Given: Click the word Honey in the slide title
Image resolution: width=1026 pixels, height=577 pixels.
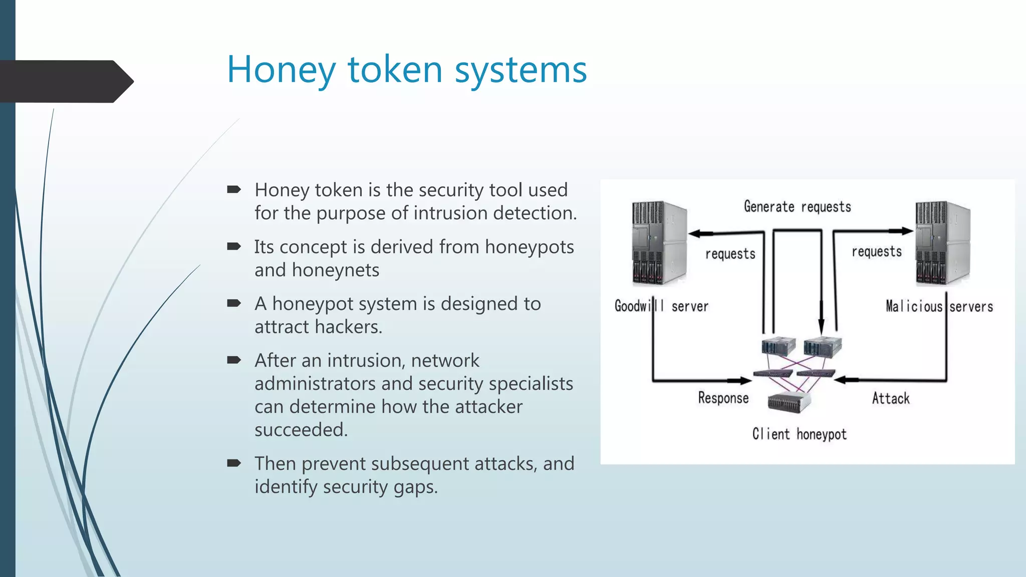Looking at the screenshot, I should coord(281,70).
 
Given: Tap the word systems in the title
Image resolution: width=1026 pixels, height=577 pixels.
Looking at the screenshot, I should coord(521,70).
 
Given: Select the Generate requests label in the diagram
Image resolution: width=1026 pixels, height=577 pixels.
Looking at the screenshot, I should coord(797,207).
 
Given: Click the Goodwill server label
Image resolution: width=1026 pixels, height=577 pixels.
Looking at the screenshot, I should coord(661,306).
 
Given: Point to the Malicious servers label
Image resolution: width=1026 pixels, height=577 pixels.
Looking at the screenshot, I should coord(939,306).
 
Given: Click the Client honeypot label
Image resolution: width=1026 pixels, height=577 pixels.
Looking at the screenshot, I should coord(799,434).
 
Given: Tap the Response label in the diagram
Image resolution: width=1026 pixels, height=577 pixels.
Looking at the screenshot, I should coord(723,398).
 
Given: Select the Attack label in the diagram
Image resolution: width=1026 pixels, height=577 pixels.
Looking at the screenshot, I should coord(890,398).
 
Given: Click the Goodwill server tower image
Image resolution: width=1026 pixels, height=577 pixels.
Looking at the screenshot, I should coord(659,243).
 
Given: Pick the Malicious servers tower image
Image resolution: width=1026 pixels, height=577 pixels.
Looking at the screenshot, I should coord(942,243).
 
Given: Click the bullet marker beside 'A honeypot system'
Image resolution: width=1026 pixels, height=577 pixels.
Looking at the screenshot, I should coord(234,303).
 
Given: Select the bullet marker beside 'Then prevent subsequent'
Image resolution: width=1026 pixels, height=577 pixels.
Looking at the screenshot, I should coord(234,463).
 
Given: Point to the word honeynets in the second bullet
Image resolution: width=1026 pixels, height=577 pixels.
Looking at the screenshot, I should coord(335,270).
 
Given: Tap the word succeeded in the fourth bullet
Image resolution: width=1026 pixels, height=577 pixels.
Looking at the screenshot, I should coord(301,430).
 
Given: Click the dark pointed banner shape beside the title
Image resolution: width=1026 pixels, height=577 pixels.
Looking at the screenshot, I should coord(65,81).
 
